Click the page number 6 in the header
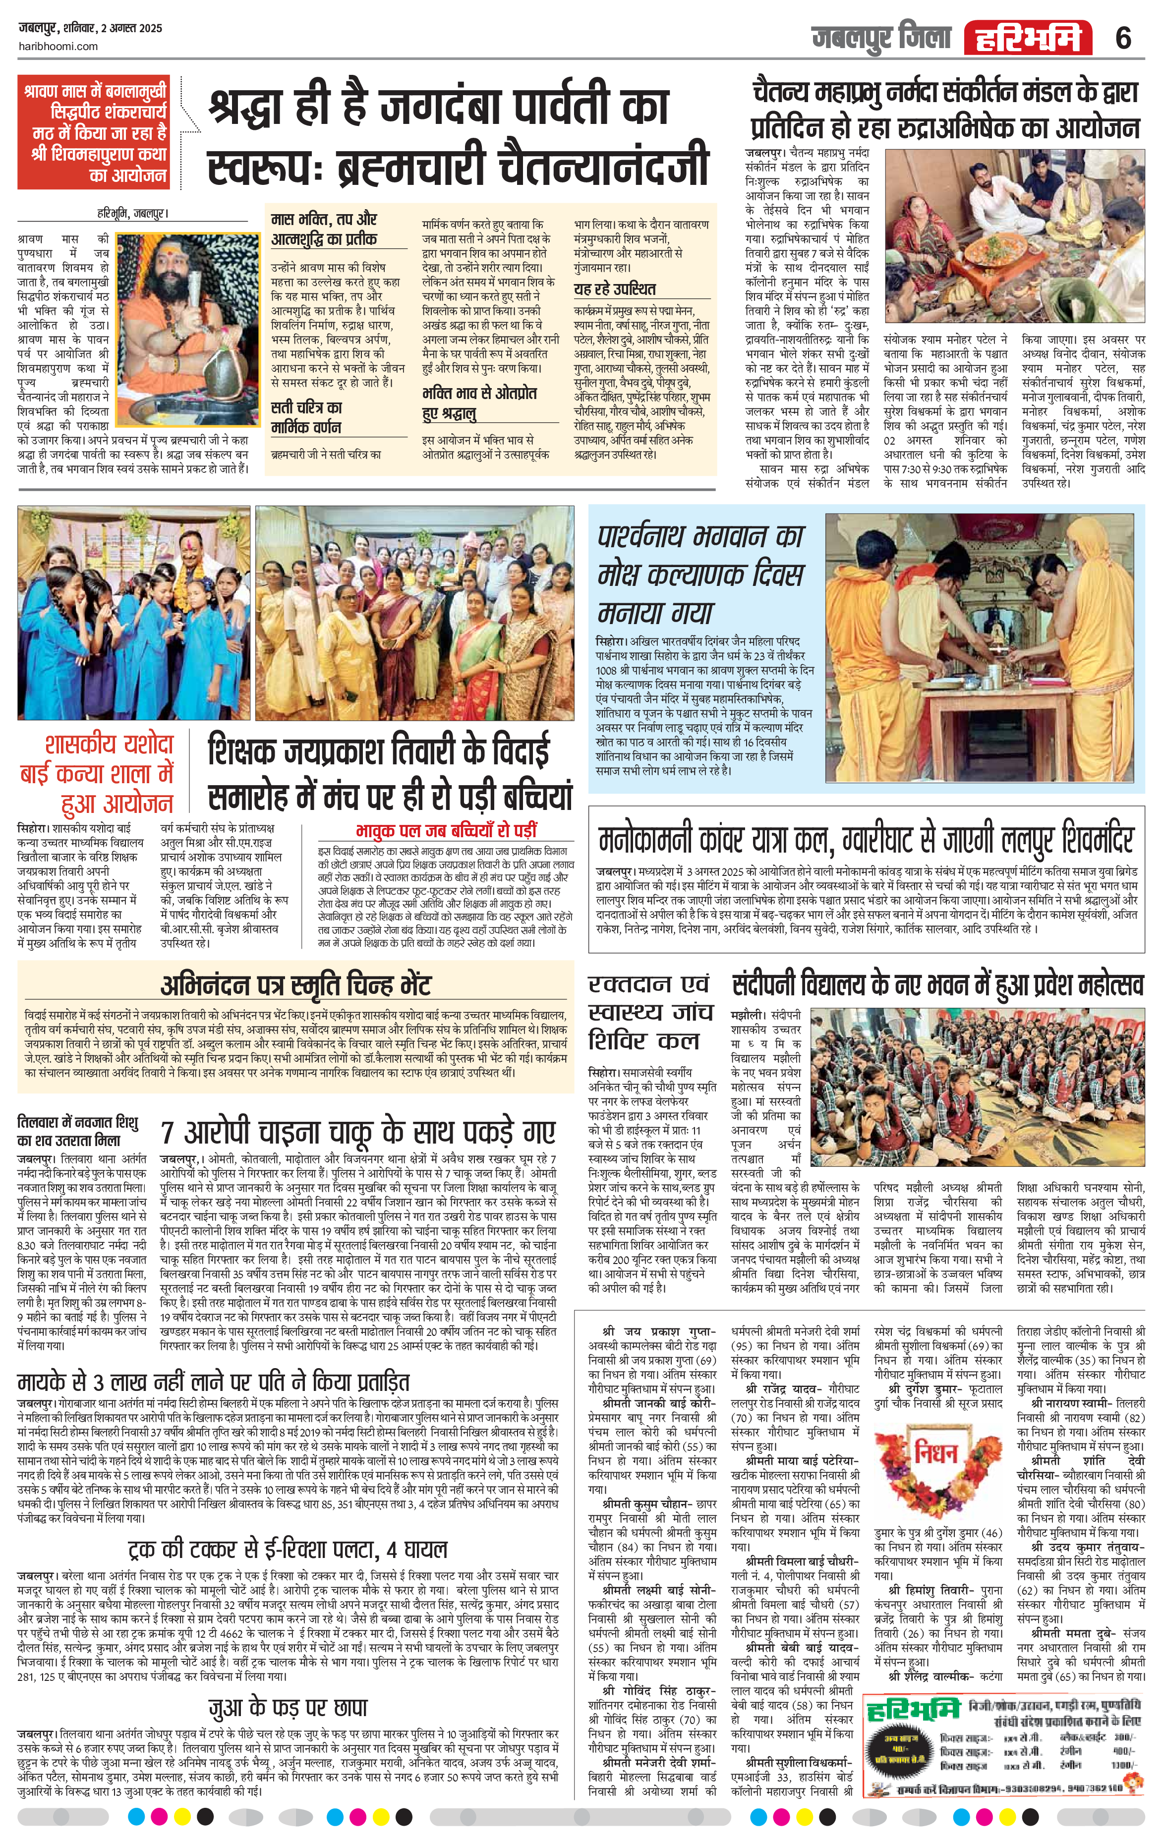click(1122, 37)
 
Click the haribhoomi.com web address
click(58, 46)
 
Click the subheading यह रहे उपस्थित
click(615, 288)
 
